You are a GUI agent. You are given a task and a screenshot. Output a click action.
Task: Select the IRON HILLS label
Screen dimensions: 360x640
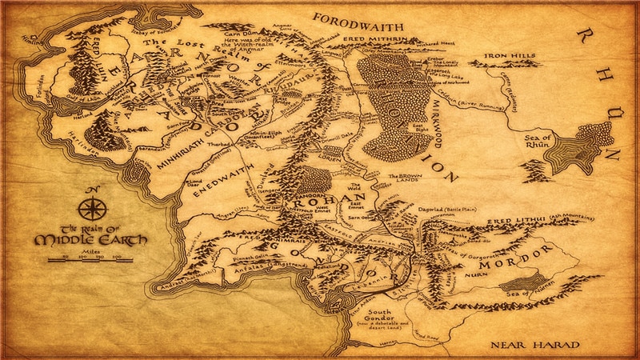[x=507, y=58]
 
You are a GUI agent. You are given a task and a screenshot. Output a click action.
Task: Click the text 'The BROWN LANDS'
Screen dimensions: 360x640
[x=405, y=179]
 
